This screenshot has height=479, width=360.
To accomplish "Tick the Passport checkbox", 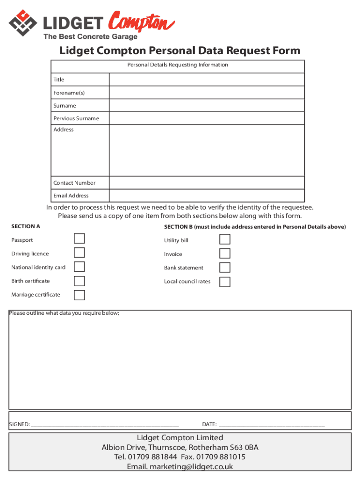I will point(79,239).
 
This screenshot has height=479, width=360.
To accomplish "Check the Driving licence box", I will point(79,253).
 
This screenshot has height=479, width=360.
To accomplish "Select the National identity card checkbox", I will point(79,267).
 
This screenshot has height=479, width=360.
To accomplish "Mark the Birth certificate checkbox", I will point(79,281).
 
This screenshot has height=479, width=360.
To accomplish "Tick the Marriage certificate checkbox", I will point(79,295).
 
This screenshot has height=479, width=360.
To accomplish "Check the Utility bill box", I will point(225,239).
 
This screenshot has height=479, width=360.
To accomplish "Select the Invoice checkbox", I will point(225,254).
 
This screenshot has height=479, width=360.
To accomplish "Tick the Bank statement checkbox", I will point(225,268).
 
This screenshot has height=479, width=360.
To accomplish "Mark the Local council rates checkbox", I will point(225,282).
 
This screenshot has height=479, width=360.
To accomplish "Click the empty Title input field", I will point(207,80).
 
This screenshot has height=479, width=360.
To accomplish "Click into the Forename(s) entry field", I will point(207,93).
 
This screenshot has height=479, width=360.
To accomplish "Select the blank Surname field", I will point(207,106).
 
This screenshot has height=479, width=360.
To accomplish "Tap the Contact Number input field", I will point(207,183).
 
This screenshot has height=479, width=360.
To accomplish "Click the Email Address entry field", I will point(207,196).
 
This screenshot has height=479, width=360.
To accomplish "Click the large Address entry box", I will point(207,150).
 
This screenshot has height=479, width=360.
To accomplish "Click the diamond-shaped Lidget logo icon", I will point(22,23).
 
